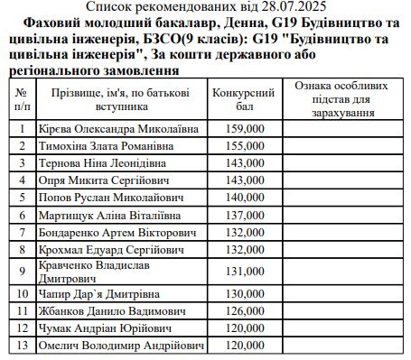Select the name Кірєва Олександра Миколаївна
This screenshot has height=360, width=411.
[x=118, y=129]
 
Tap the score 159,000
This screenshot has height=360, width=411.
[x=245, y=129]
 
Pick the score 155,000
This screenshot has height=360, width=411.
[x=245, y=146]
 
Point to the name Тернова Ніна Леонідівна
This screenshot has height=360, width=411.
[x=107, y=163]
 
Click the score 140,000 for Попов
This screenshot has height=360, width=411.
[x=245, y=198]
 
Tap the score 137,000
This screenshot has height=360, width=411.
[x=245, y=216]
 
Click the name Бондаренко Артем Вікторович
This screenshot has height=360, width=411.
[x=117, y=233]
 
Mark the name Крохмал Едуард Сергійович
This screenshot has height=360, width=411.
[x=112, y=250]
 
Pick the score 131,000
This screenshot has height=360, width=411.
[x=245, y=272]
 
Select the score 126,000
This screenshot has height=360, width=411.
[x=245, y=311]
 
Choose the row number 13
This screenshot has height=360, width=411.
[x=22, y=346]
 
